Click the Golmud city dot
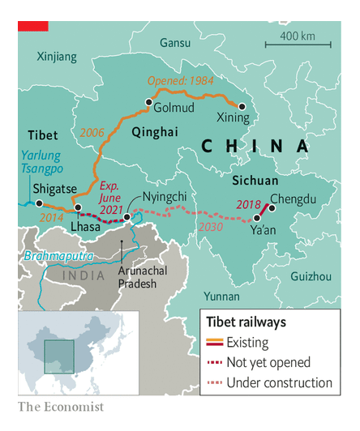coord(148,102)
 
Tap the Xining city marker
coord(240,105)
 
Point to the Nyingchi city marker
coord(127,217)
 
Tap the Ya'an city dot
coord(257,218)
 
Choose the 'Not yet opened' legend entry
coord(268,362)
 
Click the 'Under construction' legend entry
coord(280,382)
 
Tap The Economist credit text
coord(61,406)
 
